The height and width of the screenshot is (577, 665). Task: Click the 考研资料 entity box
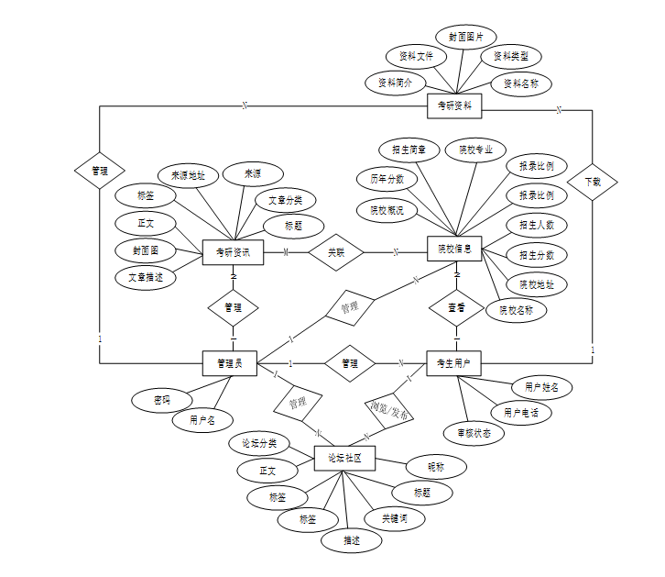click(x=454, y=106)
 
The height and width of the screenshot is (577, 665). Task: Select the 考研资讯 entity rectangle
click(x=233, y=252)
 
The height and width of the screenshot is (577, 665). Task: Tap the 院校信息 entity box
click(x=454, y=248)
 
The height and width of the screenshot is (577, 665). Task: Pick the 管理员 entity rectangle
click(x=229, y=363)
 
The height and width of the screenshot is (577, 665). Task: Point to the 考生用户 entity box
click(x=453, y=363)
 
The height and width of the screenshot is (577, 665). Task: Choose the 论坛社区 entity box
click(x=344, y=459)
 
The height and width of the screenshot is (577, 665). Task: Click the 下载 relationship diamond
click(x=592, y=183)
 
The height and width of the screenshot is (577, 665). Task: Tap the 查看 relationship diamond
click(x=456, y=307)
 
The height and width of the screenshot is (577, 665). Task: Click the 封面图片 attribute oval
click(x=466, y=37)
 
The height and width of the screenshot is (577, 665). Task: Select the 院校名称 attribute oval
click(x=522, y=310)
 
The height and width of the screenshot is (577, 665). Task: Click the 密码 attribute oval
click(x=162, y=401)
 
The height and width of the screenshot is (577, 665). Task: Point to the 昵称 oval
click(x=435, y=467)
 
